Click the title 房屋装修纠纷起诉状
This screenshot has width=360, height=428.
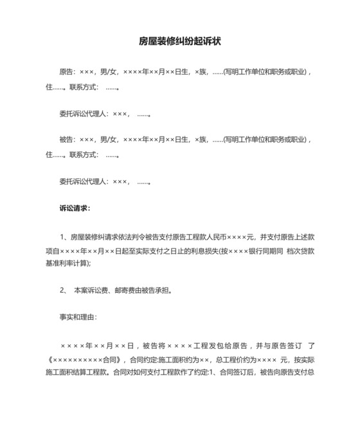[179, 41]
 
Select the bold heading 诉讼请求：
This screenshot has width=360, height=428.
[75, 209]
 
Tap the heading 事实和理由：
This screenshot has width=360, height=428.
[78, 317]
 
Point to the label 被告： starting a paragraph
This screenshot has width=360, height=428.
[68, 139]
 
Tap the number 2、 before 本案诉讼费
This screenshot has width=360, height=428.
[64, 290]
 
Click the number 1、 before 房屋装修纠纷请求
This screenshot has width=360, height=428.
[64, 236]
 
